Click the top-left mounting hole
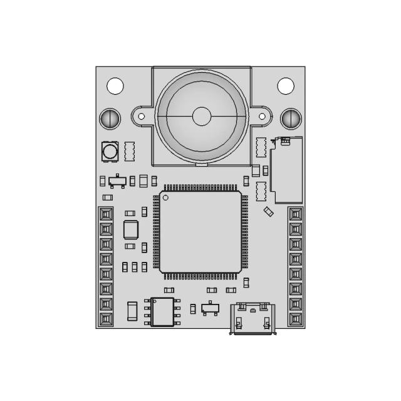(115, 85)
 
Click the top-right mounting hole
(286, 85)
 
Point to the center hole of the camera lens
(201, 116)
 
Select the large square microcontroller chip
(200, 231)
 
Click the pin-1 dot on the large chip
(166, 198)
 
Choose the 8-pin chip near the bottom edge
(162, 311)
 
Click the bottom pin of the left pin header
(106, 319)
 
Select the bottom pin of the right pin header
(296, 319)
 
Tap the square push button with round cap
(110, 151)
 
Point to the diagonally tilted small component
(268, 212)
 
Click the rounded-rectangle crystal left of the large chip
(130, 230)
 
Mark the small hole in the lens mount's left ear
(142, 116)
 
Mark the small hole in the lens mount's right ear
(263, 116)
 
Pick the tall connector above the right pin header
(287, 169)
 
